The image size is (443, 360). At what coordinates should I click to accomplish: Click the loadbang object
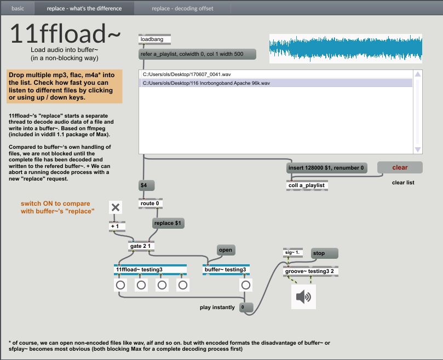click(x=154, y=39)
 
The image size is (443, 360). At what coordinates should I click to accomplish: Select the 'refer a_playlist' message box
click(x=197, y=54)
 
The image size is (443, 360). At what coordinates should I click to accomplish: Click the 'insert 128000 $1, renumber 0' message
click(x=326, y=168)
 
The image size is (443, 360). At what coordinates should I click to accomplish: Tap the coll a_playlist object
click(x=307, y=185)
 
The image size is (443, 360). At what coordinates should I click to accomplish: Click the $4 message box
click(x=146, y=185)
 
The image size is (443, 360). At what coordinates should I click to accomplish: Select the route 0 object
click(x=150, y=204)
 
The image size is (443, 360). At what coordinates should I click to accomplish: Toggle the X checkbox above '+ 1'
click(x=116, y=207)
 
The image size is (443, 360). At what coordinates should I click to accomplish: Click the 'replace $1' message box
click(x=168, y=223)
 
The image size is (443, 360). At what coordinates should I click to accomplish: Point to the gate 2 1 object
click(x=141, y=246)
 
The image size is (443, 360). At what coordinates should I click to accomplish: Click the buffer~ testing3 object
click(x=226, y=270)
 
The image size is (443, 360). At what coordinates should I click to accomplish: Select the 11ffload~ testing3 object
click(x=150, y=270)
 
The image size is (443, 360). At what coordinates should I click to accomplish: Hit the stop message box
click(x=324, y=253)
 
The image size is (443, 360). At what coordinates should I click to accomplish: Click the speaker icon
click(x=304, y=297)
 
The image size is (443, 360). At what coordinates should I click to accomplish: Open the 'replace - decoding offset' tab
click(x=182, y=8)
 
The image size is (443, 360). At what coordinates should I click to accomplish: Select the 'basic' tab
click(x=18, y=8)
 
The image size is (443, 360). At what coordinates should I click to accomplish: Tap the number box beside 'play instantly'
click(x=246, y=307)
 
